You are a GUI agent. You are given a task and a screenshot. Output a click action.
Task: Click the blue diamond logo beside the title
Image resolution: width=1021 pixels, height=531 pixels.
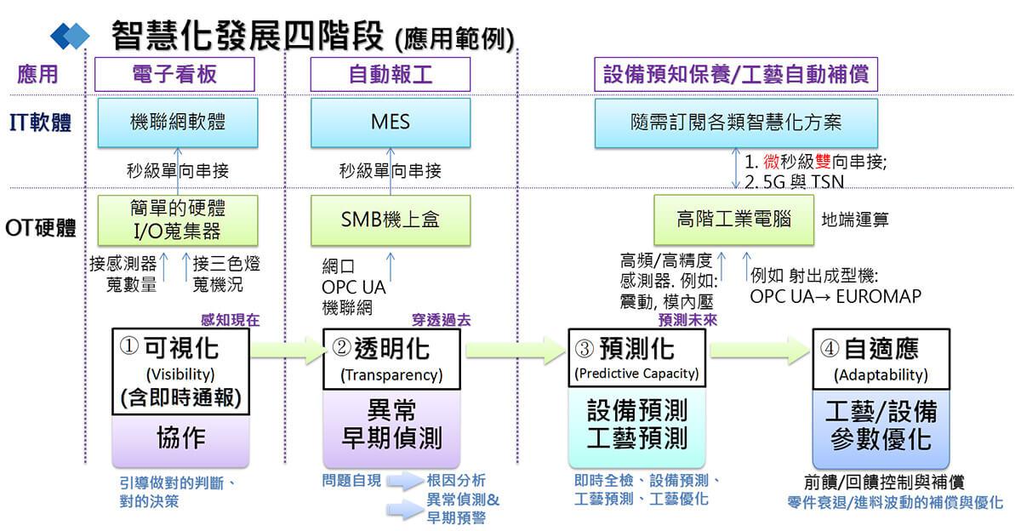(70, 35)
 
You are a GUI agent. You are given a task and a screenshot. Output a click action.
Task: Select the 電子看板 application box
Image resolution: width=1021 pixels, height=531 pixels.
(175, 75)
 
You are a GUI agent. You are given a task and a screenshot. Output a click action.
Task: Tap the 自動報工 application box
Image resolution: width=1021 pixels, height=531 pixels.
(391, 75)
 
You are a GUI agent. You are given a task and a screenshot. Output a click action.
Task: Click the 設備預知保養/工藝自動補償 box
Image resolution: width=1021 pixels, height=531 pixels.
(735, 75)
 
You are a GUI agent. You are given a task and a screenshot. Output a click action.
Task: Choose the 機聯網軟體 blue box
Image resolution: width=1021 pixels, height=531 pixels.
(179, 123)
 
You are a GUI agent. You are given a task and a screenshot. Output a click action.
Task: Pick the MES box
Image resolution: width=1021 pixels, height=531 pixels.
(391, 123)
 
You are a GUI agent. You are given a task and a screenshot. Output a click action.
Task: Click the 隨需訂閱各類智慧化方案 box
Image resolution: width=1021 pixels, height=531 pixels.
(736, 123)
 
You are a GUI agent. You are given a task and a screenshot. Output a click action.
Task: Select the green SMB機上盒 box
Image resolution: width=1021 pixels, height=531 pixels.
(391, 220)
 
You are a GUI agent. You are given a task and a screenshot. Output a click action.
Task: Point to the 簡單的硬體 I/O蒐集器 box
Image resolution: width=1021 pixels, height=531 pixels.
(179, 220)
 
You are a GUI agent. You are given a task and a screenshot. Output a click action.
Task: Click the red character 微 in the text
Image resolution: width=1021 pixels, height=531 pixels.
(773, 161)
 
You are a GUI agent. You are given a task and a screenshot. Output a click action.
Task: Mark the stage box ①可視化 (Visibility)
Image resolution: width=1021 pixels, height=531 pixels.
(180, 372)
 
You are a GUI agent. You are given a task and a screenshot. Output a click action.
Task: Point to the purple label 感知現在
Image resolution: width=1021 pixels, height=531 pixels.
(230, 321)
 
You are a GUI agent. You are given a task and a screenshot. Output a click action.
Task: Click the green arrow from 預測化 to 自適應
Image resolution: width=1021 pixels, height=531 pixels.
(760, 350)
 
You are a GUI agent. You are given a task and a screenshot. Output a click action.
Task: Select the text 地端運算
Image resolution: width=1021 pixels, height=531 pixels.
(855, 220)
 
